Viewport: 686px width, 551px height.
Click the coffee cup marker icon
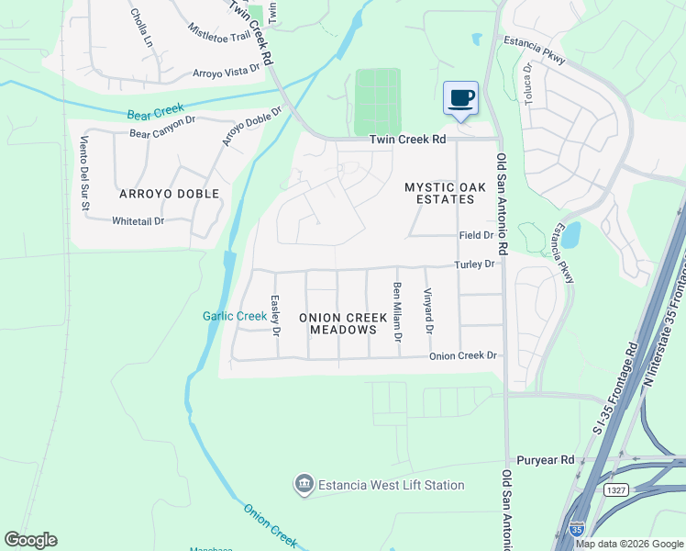(461, 98)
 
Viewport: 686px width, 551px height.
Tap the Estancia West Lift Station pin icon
(304, 484)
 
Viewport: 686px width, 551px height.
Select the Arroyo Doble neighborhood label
(169, 194)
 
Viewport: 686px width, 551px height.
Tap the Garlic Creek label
(235, 316)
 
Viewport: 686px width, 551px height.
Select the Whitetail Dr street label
(138, 221)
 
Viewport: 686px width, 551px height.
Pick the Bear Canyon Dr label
(163, 133)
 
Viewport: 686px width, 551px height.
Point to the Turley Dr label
(475, 264)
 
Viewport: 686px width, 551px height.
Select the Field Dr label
(476, 235)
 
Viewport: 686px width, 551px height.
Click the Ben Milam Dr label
(398, 312)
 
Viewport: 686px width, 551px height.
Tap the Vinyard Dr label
(427, 310)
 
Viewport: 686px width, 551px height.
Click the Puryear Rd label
(545, 459)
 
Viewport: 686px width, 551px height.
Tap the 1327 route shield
(615, 492)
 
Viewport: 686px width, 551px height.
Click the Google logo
(30, 540)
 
